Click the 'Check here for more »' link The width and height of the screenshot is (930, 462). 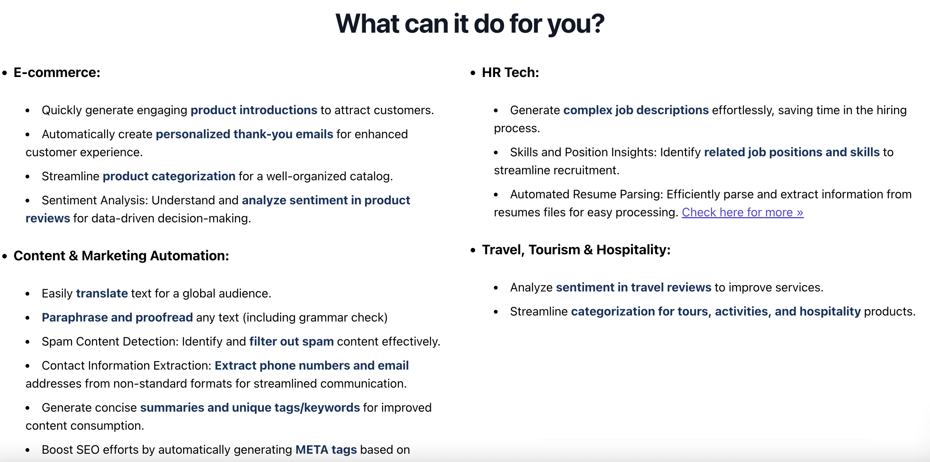[742, 212]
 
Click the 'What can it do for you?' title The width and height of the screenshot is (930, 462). [470, 24]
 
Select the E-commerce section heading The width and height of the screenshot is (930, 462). [57, 72]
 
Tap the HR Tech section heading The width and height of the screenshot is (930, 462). [510, 72]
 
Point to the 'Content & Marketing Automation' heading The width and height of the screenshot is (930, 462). [121, 255]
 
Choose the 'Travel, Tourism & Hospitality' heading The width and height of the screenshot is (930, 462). [576, 249]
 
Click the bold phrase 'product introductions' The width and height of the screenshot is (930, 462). [254, 110]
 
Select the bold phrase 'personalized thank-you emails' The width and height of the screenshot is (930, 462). [244, 134]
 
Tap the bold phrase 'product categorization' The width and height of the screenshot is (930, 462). [169, 176]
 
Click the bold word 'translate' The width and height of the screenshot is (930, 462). [102, 293]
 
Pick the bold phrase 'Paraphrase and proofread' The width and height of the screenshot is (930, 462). [117, 317]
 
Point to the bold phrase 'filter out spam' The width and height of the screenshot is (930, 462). [292, 341]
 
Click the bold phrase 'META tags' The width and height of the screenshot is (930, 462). [326, 450]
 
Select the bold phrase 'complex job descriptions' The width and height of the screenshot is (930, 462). [636, 110]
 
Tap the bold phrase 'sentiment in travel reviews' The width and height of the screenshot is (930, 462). [634, 287]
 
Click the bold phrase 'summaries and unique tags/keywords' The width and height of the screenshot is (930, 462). [250, 408]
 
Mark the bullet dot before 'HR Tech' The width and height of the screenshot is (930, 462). [473, 73]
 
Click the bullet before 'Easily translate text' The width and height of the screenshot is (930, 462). [27, 294]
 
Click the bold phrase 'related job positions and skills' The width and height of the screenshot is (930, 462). [792, 152]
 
